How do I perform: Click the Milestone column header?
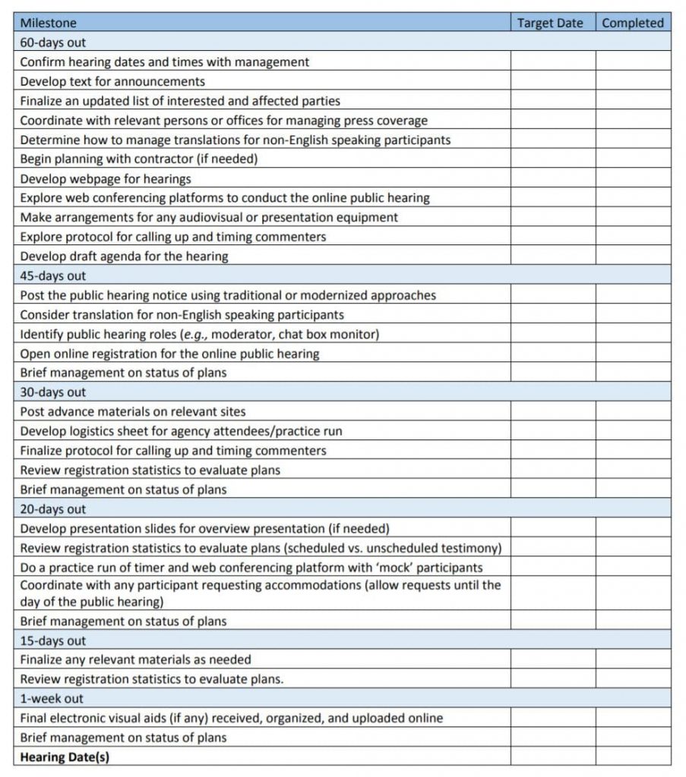point(49,23)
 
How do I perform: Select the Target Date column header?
point(550,23)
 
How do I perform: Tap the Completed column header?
point(633,23)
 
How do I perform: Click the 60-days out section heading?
point(53,42)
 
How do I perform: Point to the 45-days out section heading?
point(53,276)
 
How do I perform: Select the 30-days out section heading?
point(53,392)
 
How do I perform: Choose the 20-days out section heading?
point(53,509)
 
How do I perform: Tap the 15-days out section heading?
point(53,640)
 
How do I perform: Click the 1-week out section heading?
point(52,698)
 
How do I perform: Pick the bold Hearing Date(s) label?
point(65,757)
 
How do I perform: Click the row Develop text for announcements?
point(112,81)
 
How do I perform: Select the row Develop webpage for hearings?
point(106,179)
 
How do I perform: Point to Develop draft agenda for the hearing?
point(124,256)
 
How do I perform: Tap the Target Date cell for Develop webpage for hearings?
point(552,179)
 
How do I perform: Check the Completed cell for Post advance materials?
point(633,412)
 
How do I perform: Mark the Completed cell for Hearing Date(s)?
point(633,757)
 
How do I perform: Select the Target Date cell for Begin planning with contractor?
point(552,159)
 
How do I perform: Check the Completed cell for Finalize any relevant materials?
point(633,659)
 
